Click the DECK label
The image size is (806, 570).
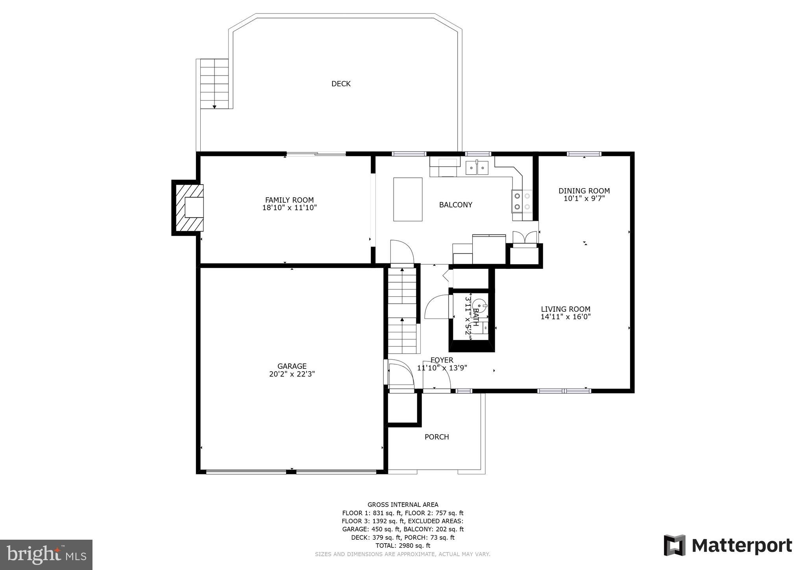341,83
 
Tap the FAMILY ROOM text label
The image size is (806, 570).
289,200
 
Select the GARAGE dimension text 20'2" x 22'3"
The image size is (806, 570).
292,374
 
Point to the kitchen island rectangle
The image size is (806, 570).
408,199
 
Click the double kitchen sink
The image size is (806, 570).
477,168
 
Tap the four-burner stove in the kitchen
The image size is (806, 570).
522,201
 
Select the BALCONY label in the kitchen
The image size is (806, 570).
455,205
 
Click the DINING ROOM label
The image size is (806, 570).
584,191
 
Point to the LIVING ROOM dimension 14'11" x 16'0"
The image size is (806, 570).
566,317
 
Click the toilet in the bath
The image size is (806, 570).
479,306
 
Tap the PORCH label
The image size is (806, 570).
436,437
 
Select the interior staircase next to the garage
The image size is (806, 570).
402,311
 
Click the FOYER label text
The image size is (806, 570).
442,360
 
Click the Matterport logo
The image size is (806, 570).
728,546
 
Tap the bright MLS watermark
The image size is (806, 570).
46,555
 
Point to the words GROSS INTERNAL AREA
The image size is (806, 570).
403,505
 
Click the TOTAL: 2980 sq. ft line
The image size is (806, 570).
403,546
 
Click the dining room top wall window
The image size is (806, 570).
584,154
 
